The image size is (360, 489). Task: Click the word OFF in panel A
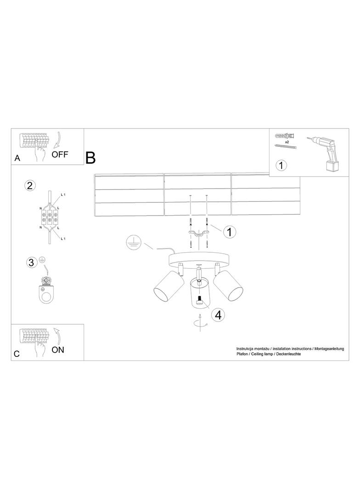60,154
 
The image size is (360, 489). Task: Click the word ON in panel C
58,350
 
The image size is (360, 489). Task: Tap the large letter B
90,158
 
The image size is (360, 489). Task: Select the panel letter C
17,354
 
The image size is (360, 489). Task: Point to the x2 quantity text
286,143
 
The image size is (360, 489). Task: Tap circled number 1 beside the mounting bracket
230,232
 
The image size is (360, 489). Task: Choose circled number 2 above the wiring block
30,186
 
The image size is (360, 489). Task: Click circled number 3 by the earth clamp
31,262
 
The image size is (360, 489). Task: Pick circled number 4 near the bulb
218,315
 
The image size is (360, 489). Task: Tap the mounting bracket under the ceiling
198,234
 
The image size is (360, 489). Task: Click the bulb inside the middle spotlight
199,301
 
